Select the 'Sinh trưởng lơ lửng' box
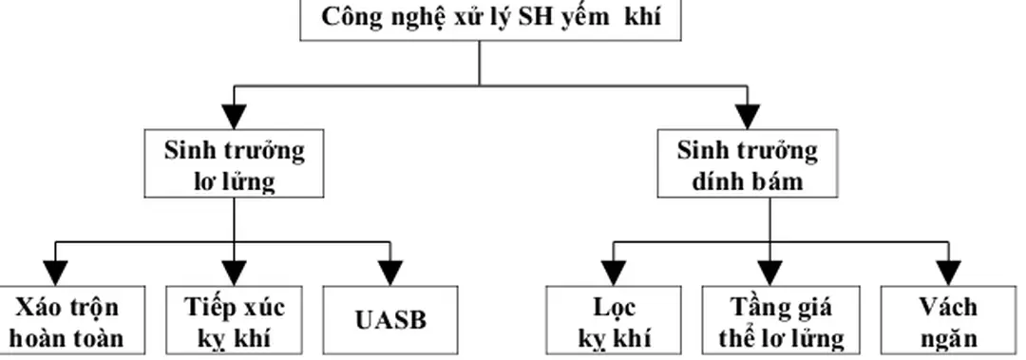[x=235, y=164]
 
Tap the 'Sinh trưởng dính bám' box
[x=748, y=164]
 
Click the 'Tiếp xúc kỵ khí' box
[x=233, y=321]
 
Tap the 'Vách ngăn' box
[x=947, y=321]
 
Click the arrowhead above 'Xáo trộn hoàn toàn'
[x=57, y=261]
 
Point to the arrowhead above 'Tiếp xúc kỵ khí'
[x=235, y=261]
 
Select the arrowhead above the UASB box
[x=391, y=261]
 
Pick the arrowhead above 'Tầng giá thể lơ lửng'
[x=770, y=261]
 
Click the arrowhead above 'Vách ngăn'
[x=947, y=261]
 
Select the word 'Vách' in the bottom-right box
[x=947, y=308]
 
